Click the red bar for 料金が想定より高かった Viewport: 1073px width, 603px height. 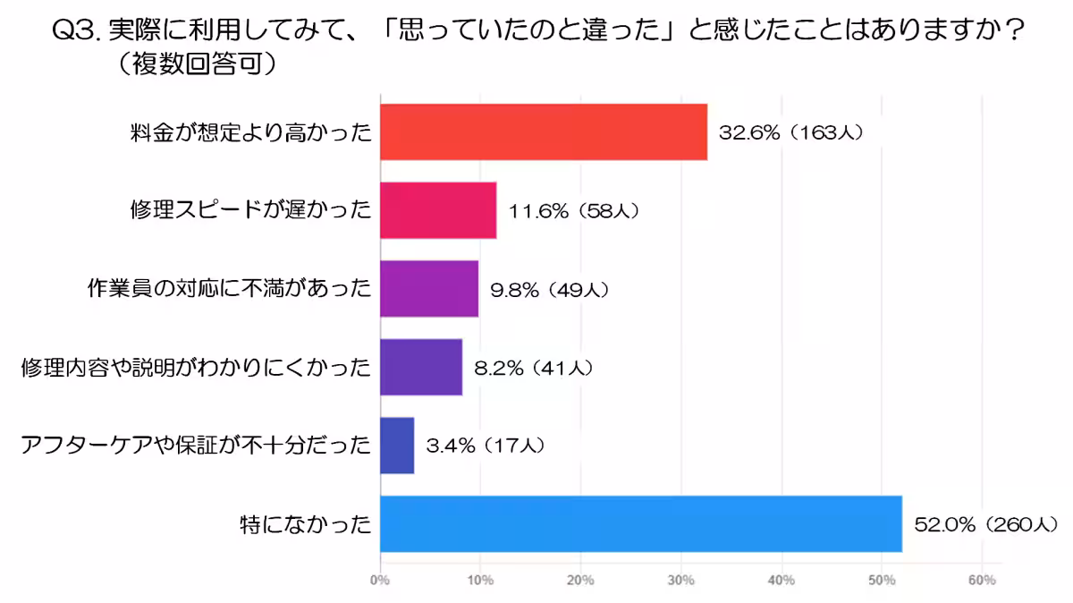pyautogui.click(x=544, y=132)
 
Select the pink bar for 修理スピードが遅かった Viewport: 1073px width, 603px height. pyautogui.click(x=438, y=210)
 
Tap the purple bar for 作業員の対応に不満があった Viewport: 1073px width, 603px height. pyautogui.click(x=429, y=289)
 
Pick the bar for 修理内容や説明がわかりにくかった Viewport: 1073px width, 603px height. pyautogui.click(x=421, y=367)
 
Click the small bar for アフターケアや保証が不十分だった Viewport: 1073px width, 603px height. pyautogui.click(x=397, y=446)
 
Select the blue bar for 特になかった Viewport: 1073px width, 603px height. pyautogui.click(x=641, y=523)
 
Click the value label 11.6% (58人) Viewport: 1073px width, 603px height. pyautogui.click(x=573, y=211)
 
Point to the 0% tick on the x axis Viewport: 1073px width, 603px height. pyautogui.click(x=381, y=581)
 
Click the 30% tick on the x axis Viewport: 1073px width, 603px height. pyautogui.click(x=681, y=581)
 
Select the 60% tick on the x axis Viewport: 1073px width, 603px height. pyautogui.click(x=982, y=581)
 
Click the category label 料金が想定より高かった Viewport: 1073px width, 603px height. pyautogui.click(x=249, y=133)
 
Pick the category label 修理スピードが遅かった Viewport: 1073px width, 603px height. pyautogui.click(x=249, y=211)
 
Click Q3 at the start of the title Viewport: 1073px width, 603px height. pyautogui.click(x=76, y=30)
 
